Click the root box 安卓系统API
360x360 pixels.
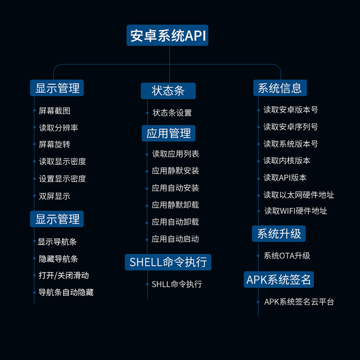point(167,36)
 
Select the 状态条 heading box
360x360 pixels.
point(168,91)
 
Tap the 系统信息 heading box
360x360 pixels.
point(280,88)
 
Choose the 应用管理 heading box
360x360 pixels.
point(168,133)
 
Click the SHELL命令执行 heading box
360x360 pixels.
point(168,262)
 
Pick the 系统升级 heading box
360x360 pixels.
point(279,234)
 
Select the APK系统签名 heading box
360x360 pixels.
point(279,279)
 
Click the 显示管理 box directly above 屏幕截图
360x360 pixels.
point(57,88)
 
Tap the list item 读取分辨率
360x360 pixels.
point(58,128)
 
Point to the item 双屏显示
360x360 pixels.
point(54,196)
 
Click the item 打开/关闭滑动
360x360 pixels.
point(63,275)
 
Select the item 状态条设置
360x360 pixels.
point(172,112)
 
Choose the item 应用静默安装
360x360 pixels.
point(175,171)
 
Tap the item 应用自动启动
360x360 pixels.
point(175,239)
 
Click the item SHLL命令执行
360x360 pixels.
point(177,284)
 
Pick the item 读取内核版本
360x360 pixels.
point(287,161)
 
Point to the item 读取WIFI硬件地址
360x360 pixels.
point(296,211)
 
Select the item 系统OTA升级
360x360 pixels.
point(287,256)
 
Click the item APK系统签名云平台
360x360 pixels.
point(299,301)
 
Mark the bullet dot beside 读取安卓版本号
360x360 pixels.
point(258,110)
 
